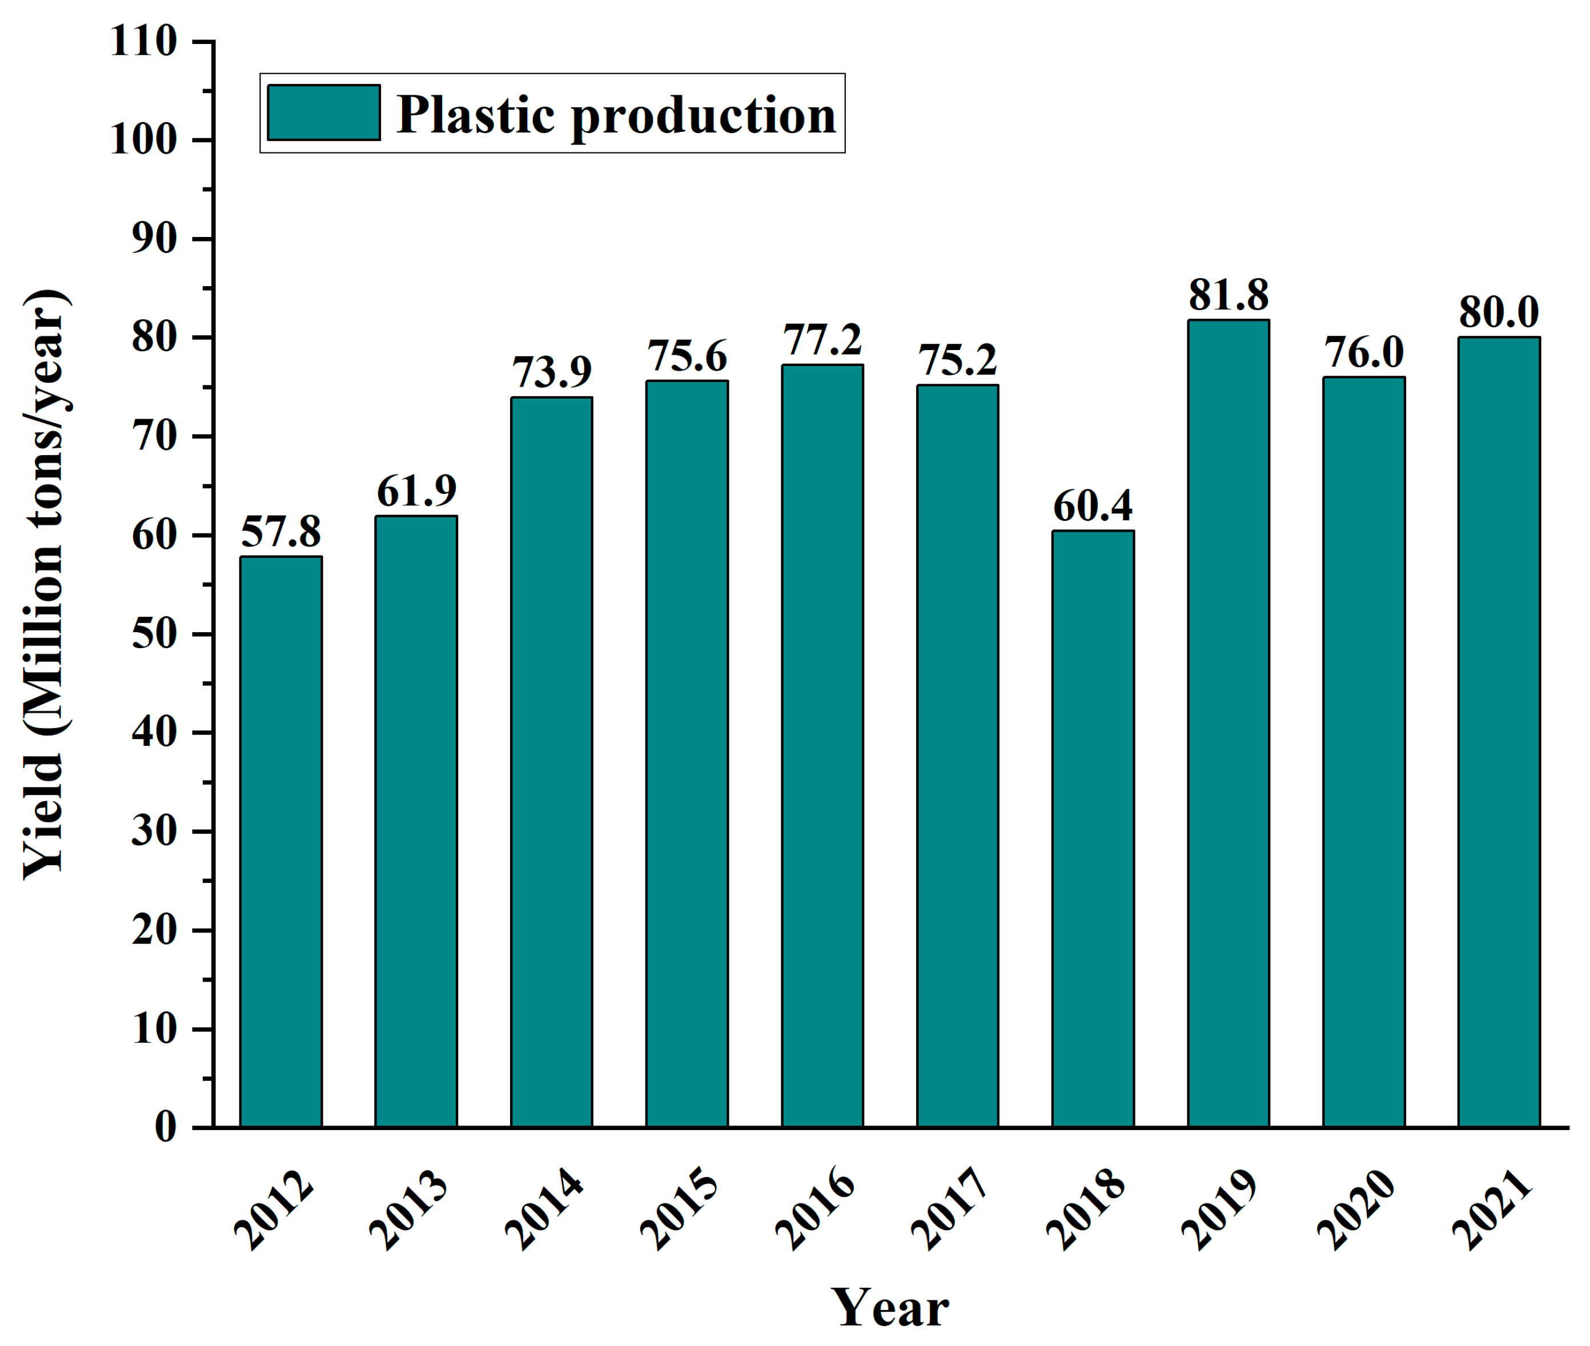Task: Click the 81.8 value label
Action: (1228, 295)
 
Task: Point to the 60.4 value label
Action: (1093, 505)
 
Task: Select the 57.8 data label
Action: (281, 531)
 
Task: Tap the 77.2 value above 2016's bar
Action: (822, 340)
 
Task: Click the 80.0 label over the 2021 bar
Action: (1499, 311)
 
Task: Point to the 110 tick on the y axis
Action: (143, 41)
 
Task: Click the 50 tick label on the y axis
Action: (154, 634)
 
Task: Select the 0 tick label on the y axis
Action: (166, 1127)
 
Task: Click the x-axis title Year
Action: (890, 1307)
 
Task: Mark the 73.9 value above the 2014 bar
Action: (552, 372)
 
